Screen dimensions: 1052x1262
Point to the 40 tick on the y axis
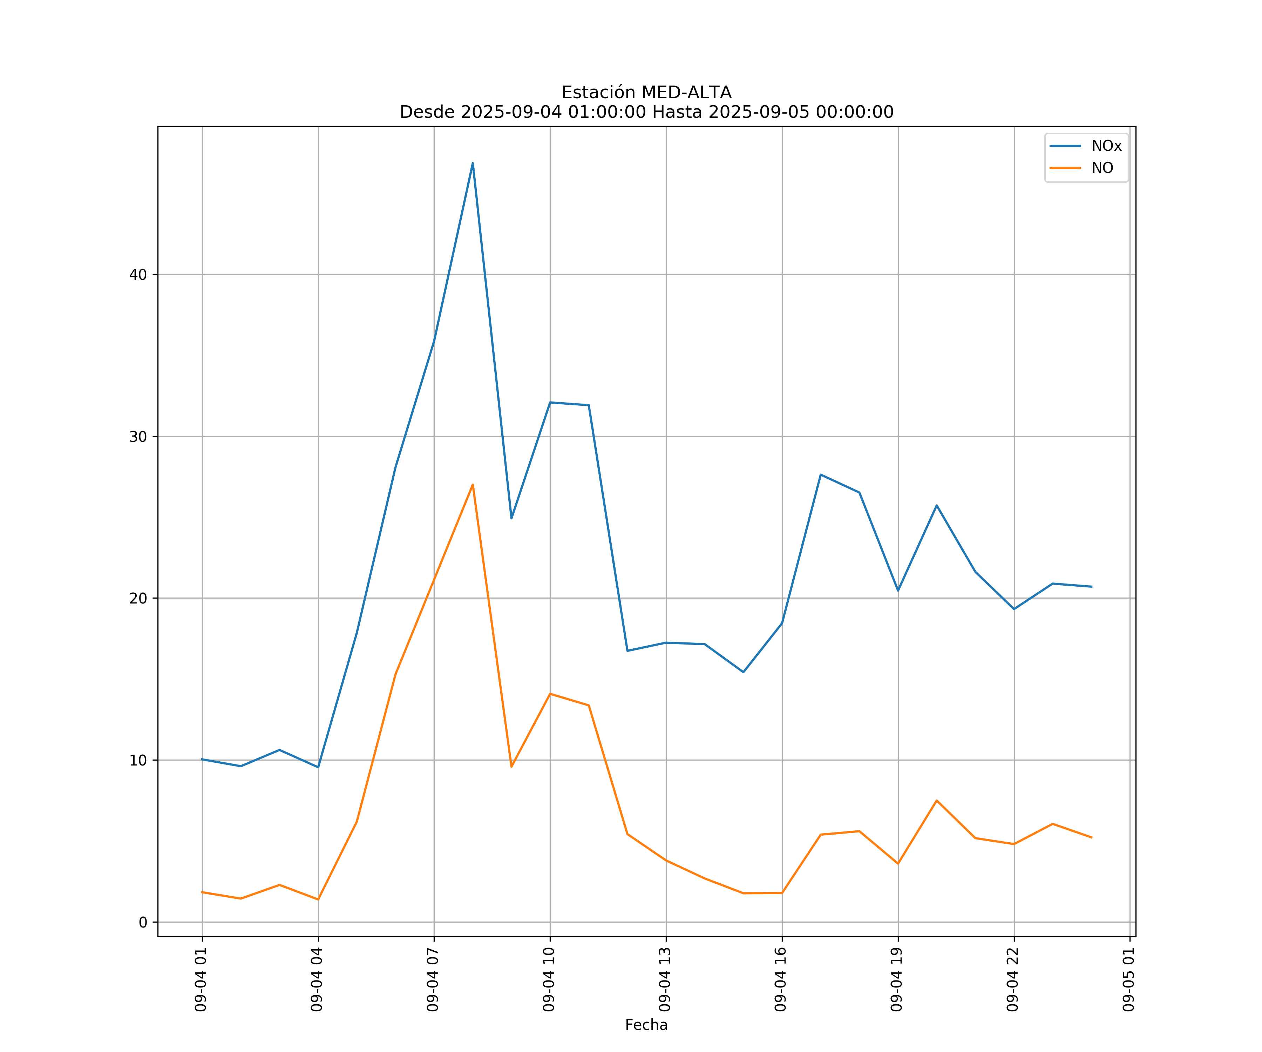pyautogui.click(x=138, y=275)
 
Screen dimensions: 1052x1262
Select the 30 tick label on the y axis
pyautogui.click(x=138, y=437)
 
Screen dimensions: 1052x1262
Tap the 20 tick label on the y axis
pyautogui.click(x=138, y=598)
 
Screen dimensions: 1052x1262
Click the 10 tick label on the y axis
pyautogui.click(x=138, y=761)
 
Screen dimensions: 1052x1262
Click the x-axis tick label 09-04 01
pyautogui.click(x=201, y=979)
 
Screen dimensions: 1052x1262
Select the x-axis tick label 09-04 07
pyautogui.click(x=433, y=979)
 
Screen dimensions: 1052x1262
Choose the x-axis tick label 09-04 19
pyautogui.click(x=897, y=979)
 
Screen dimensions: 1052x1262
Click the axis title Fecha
pyautogui.click(x=646, y=1025)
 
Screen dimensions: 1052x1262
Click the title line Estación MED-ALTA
pyautogui.click(x=646, y=93)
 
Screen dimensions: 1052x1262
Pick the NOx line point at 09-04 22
pyautogui.click(x=1014, y=609)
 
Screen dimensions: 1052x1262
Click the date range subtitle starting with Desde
pyautogui.click(x=646, y=113)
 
